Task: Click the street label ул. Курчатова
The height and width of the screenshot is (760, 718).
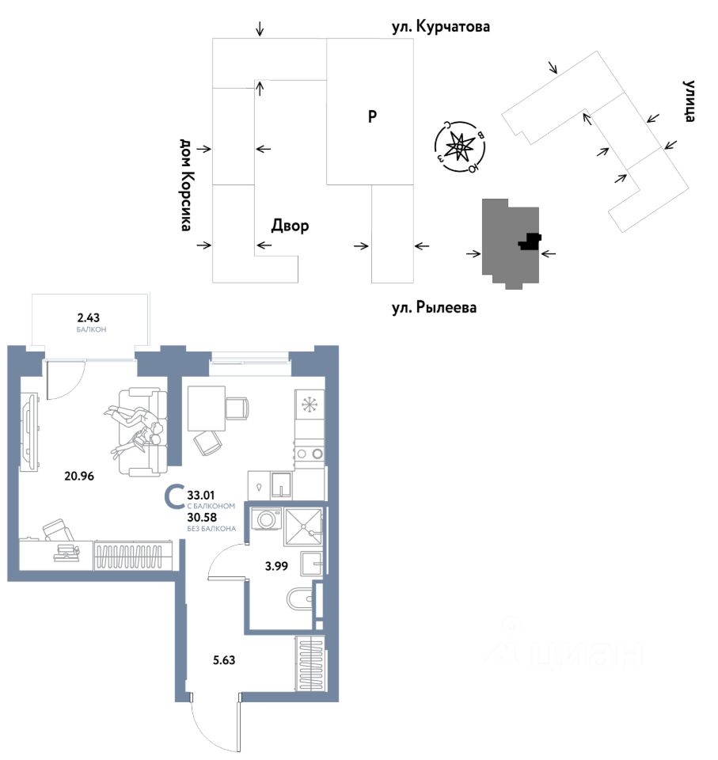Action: pos(441,28)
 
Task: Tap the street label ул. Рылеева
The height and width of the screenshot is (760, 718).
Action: pos(435,306)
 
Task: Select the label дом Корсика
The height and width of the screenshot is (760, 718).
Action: pos(186,184)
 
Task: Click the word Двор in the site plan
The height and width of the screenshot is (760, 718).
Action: pos(290,226)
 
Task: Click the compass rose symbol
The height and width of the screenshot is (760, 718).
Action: pos(458,147)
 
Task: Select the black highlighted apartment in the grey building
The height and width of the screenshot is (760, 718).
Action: pos(529,241)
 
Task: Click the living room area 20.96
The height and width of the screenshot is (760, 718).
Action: pos(80,476)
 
